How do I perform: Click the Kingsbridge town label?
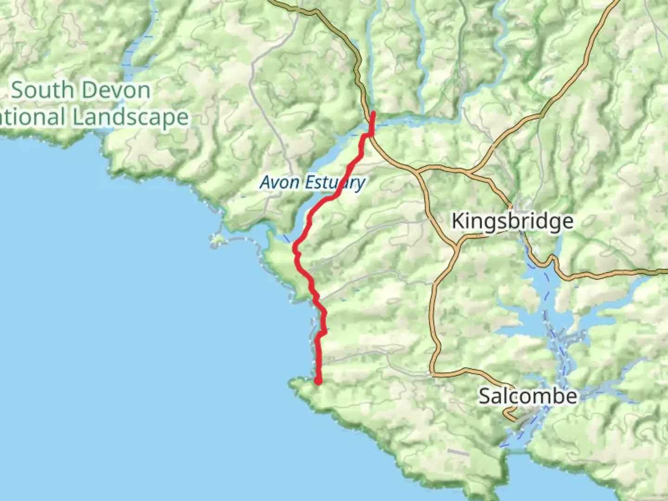tap(512, 221)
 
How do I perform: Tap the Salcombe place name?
tap(527, 396)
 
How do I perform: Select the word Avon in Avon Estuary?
tap(279, 182)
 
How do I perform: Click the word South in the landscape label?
tap(42, 90)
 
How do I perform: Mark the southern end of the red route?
tap(319, 381)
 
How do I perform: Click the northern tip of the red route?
tap(373, 113)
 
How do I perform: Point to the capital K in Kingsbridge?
tap(458, 221)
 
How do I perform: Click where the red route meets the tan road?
tap(372, 134)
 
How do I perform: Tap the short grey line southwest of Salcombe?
tap(458, 452)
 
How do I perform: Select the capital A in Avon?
tap(266, 182)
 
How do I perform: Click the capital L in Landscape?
tap(79, 117)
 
